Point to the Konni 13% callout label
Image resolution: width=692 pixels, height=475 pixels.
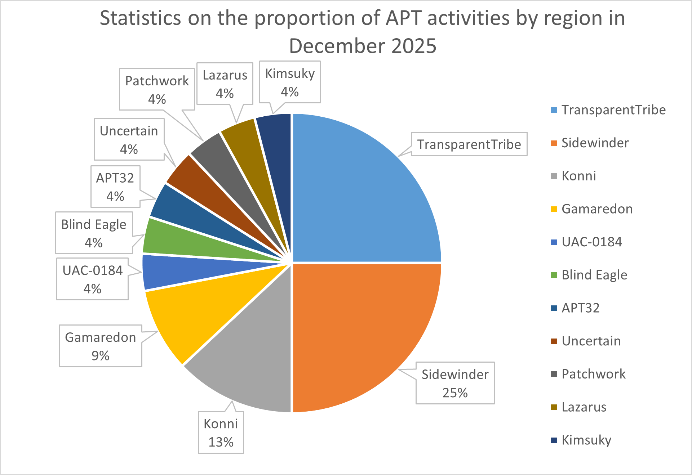pyautogui.click(x=221, y=433)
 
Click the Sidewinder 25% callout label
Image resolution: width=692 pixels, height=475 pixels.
pyautogui.click(x=455, y=383)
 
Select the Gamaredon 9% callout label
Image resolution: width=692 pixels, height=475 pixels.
pyautogui.click(x=101, y=346)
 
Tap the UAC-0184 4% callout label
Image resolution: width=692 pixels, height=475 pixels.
pyautogui.click(x=92, y=279)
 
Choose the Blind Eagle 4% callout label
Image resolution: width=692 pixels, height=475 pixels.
pyautogui.click(x=94, y=233)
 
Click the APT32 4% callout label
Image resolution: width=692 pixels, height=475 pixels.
pyautogui.click(x=115, y=187)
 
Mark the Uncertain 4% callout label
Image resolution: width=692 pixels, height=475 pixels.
pyautogui.click(x=129, y=139)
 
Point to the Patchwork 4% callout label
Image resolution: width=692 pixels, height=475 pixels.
pyautogui.click(x=157, y=89)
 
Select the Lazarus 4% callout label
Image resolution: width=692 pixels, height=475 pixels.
pyautogui.click(x=225, y=84)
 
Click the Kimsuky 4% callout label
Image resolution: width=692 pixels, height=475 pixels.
pyautogui.click(x=290, y=82)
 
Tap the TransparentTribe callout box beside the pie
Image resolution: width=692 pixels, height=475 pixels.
pyautogui.click(x=469, y=144)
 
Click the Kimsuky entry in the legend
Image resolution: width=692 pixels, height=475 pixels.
pyautogui.click(x=586, y=440)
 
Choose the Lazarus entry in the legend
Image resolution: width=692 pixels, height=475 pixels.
pyautogui.click(x=584, y=407)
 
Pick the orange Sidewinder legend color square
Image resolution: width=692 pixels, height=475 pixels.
pyautogui.click(x=554, y=143)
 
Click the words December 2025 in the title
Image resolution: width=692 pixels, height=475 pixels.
pyautogui.click(x=363, y=46)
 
